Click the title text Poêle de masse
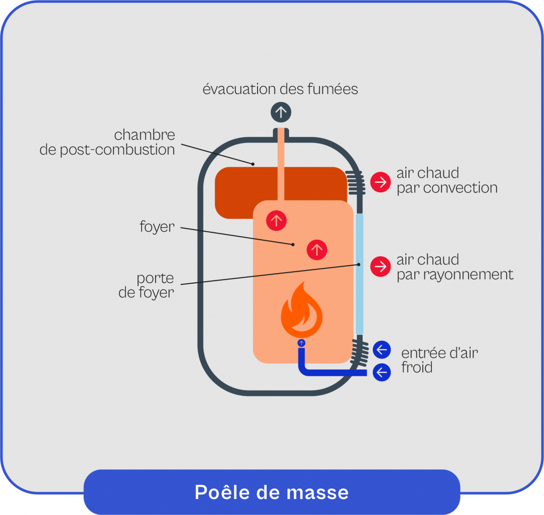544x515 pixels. pos(271,492)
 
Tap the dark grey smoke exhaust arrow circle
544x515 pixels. pos(281,112)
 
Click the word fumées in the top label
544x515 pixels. pos(332,89)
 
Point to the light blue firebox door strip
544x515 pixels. pos(359,273)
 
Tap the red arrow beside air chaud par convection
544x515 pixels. pos(380,182)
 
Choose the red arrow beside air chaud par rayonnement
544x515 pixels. pos(380,266)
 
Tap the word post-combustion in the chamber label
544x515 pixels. pos(121,150)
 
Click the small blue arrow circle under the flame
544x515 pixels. pos(302,343)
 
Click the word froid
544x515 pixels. pos(416,367)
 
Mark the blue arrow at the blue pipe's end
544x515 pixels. pos(381,372)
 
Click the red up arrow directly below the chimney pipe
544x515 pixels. pos(276,220)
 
